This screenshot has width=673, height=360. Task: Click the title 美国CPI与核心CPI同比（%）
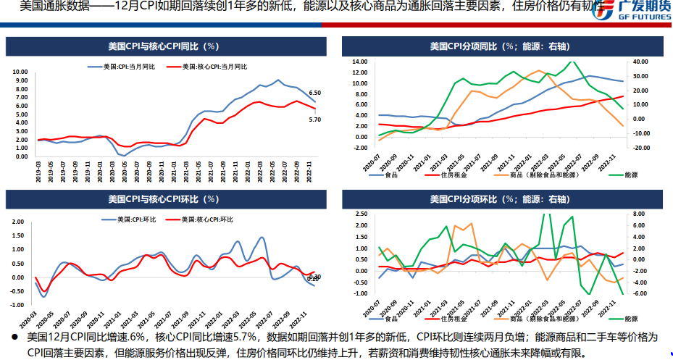163,46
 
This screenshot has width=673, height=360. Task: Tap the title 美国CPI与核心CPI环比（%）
163,198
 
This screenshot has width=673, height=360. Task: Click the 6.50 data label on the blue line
314,93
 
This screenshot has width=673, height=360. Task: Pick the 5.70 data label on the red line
314,120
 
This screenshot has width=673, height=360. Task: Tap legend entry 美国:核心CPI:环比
202,219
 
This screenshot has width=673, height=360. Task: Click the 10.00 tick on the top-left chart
20,72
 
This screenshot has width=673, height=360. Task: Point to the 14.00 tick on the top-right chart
360,62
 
